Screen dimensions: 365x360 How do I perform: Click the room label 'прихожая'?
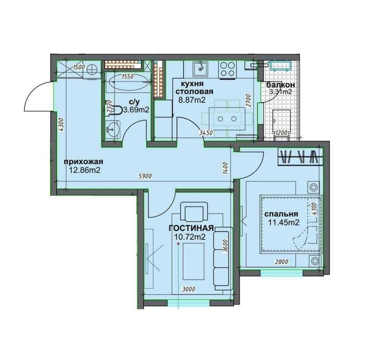point(84,162)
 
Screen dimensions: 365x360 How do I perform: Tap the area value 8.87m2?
point(192,100)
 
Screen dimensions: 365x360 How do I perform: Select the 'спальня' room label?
point(281,214)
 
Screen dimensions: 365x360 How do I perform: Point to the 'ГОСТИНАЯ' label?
point(191,228)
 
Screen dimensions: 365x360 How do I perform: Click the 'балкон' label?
point(280,85)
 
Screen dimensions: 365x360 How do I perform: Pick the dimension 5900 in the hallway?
point(145,176)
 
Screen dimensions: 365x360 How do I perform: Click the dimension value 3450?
point(206,133)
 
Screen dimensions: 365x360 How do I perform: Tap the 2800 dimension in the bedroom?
point(281,262)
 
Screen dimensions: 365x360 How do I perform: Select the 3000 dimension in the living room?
point(189,289)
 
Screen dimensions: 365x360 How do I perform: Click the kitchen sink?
point(200,68)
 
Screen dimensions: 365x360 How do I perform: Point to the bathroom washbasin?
point(113,130)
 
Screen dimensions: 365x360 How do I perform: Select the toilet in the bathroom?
point(115,110)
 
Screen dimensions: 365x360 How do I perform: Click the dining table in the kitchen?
point(227,119)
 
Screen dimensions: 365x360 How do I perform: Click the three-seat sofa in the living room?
point(222,258)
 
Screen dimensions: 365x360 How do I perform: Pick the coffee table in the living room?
point(193,261)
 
